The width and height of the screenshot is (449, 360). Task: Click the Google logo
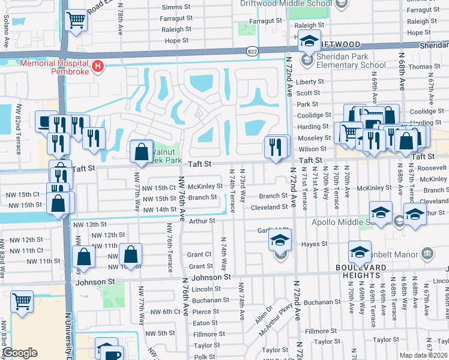20,353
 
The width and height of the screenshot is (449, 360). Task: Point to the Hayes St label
315,244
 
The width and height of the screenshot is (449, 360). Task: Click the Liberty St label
310,82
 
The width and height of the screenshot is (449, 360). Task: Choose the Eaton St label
205,323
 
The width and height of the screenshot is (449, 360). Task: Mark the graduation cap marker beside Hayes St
279,241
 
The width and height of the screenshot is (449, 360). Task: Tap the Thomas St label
420,67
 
